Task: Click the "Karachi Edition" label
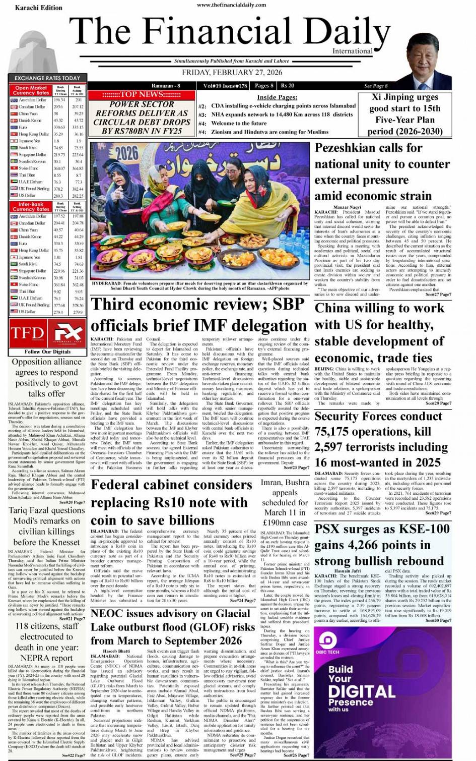coord(39,8)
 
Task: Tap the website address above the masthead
coord(232,5)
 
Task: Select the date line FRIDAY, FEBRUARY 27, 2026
coord(232,72)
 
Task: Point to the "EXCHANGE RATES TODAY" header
coord(47,78)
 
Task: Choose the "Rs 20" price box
coord(288,85)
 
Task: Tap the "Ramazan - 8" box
coord(166,85)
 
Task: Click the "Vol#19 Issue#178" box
coord(225,85)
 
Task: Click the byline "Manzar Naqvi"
coord(347,207)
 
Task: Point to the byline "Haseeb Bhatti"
coord(116,651)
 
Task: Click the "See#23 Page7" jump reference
coord(296,467)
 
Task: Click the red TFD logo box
coord(27,333)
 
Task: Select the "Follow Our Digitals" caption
coord(47,352)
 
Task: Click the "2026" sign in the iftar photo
coord(126,153)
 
